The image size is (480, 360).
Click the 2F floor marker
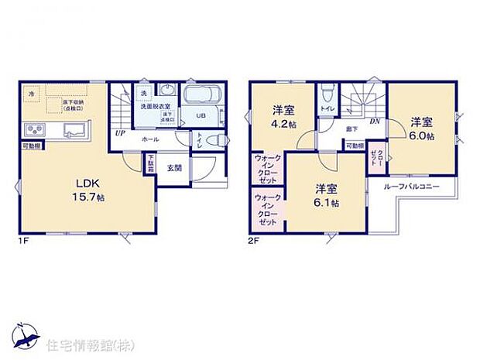point(255,241)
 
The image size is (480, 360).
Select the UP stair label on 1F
point(120,133)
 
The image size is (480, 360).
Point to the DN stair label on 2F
point(375,121)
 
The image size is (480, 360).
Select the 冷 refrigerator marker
point(32,93)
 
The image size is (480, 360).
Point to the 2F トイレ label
point(327,109)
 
